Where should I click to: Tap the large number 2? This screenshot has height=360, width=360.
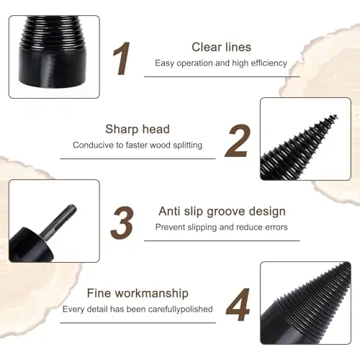pyautogui.click(x=238, y=141)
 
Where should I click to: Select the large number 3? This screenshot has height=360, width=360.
pyautogui.click(x=122, y=222)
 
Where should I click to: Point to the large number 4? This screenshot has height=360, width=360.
pyautogui.click(x=238, y=305)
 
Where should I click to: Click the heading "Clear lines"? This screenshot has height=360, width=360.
pyautogui.click(x=221, y=47)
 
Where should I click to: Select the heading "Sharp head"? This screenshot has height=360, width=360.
pyautogui.click(x=138, y=129)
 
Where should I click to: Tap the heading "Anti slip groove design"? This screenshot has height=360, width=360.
pyautogui.click(x=222, y=212)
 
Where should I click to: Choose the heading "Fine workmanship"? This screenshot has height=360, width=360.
pyautogui.click(x=138, y=293)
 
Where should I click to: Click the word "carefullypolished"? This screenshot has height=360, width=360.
pyautogui.click(x=180, y=310)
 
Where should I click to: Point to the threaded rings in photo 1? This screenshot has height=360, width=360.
pyautogui.click(x=53, y=30)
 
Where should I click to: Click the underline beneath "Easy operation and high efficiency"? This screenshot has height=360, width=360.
pyautogui.click(x=222, y=76)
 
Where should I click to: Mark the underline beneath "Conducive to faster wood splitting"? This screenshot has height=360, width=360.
pyautogui.click(x=138, y=158)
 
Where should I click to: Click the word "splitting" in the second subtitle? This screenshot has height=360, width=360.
pyautogui.click(x=188, y=145)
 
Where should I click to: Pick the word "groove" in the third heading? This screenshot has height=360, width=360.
pyautogui.click(x=225, y=212)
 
